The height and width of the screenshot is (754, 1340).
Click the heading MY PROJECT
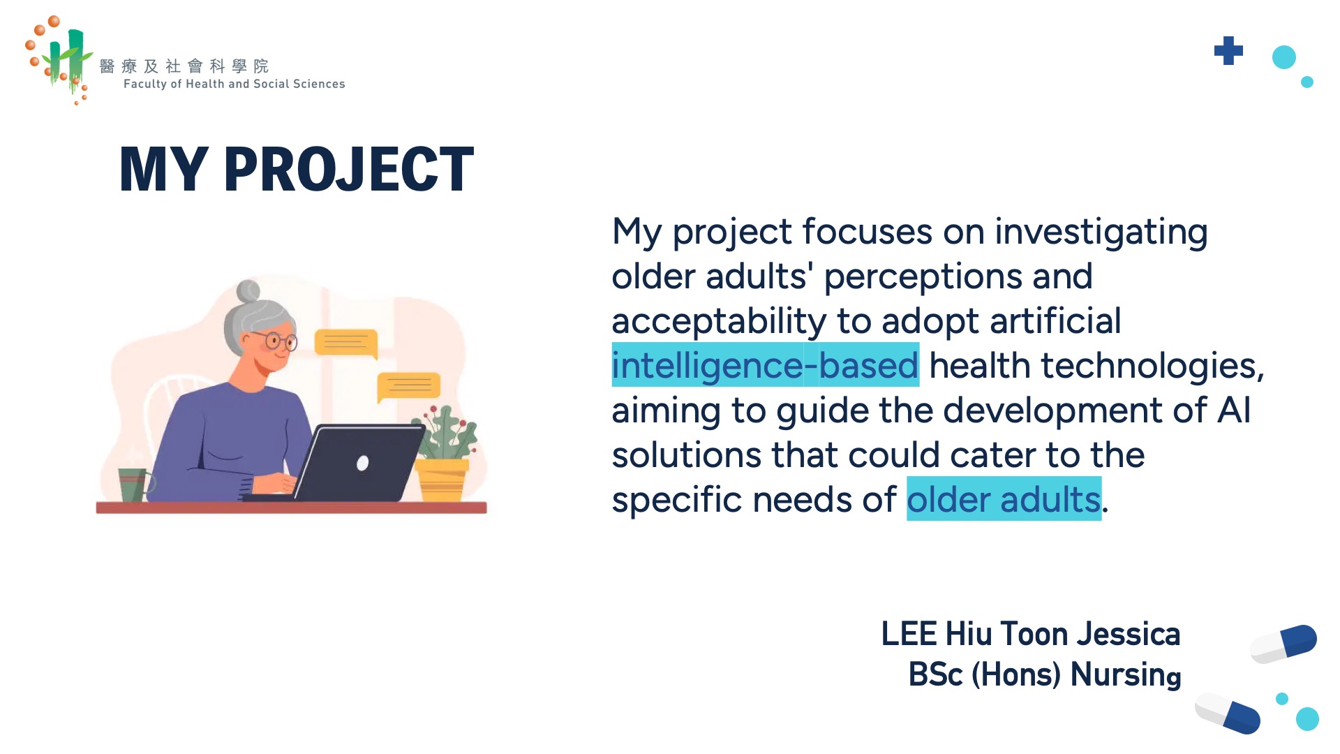[x=297, y=169]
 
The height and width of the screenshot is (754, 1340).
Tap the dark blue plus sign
[x=1228, y=50]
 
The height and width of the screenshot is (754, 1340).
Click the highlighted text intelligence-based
[x=765, y=365]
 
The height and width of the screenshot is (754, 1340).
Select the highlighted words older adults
[x=1004, y=499]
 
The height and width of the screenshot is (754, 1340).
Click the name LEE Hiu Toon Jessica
[x=1031, y=634]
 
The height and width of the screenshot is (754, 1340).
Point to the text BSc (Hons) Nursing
[x=1045, y=674]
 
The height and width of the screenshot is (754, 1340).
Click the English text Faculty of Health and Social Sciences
[x=234, y=84]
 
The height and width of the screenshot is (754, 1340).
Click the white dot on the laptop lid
[x=362, y=463]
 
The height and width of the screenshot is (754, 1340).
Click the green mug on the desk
[x=134, y=485]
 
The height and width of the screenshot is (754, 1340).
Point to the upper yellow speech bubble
[x=346, y=343]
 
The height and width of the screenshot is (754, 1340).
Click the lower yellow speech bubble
[x=408, y=387]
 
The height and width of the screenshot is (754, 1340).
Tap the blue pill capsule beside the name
[x=1283, y=644]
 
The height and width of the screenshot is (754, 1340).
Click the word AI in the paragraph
[x=1234, y=410]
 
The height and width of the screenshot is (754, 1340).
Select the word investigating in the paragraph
[x=1101, y=232]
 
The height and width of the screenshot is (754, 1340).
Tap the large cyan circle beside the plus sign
[x=1283, y=57]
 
